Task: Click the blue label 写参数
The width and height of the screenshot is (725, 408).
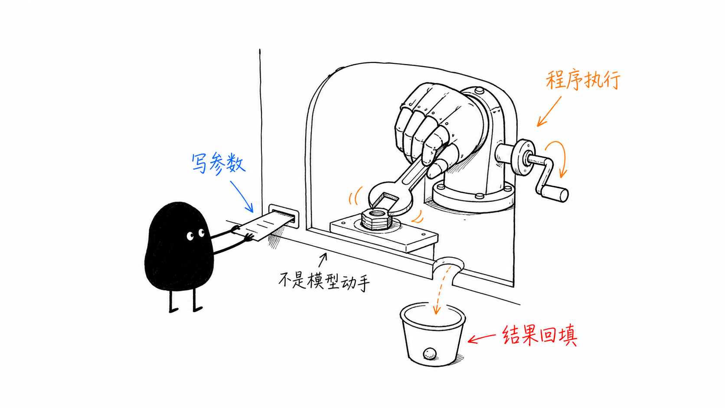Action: tap(218, 164)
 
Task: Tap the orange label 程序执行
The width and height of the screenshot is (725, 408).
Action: tap(583, 80)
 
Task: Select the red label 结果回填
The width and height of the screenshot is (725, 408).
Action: tap(539, 335)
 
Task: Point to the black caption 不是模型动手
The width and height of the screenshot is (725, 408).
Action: tap(324, 281)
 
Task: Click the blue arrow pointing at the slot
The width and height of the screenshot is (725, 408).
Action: tap(242, 197)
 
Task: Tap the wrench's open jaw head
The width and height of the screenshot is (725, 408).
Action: tap(390, 198)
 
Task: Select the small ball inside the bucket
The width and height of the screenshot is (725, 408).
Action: tap(430, 354)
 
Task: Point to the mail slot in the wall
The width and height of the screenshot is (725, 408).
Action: tap(284, 215)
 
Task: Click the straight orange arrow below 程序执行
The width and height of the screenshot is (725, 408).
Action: tap(549, 111)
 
